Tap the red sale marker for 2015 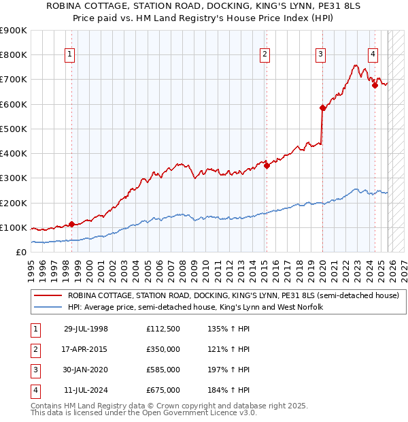coord(267,165)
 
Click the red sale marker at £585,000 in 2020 coord(323,107)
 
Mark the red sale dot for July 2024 coord(375,85)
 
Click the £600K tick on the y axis coord(14,104)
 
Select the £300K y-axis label coord(14,178)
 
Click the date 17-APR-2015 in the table coord(86,348)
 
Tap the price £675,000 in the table coord(163,390)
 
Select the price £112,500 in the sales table coord(163,329)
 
